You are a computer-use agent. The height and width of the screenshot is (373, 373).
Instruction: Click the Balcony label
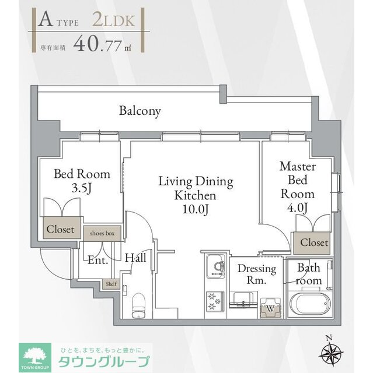pos(140,111)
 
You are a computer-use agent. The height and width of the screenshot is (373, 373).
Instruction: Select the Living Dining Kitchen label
pos(196,195)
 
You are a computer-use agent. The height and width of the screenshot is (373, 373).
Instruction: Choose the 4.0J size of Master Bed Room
pos(297,208)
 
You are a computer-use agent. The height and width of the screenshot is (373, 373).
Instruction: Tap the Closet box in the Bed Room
pos(61,229)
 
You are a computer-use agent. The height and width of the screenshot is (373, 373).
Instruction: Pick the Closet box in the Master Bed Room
pos(314,242)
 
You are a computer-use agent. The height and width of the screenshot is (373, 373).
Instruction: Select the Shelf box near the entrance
pos(110,284)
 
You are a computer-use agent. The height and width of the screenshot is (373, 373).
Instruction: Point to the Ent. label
pos(97,260)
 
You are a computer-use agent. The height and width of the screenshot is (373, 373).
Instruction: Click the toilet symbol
pos(139,304)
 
